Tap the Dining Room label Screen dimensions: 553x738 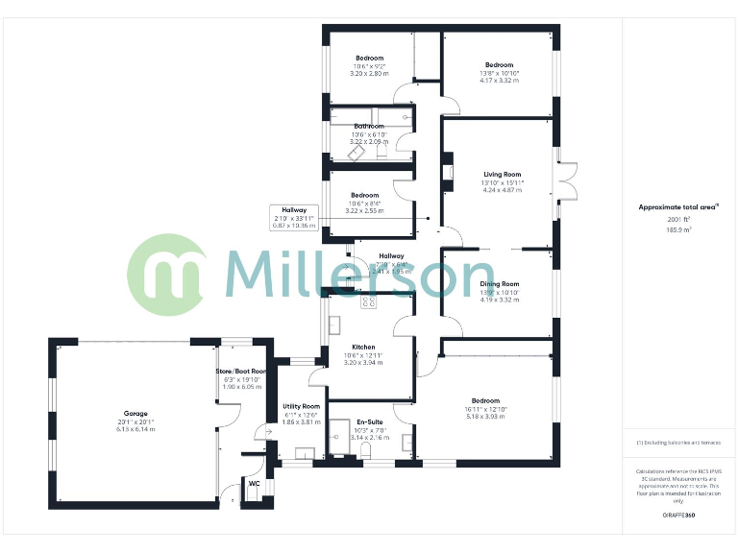point(500,284)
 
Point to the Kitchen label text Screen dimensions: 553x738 point(363,348)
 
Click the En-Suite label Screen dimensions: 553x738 point(369,421)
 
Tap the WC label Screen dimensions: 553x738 point(255,484)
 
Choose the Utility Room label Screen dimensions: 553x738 point(301,406)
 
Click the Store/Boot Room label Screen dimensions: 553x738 point(239,371)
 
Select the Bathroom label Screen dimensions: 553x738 point(369,126)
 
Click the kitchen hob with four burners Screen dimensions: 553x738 point(367,301)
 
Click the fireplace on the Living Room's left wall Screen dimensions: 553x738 point(446,174)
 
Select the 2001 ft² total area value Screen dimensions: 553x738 point(678,221)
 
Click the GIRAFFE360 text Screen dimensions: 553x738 point(678,516)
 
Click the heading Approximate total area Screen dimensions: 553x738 point(678,207)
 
